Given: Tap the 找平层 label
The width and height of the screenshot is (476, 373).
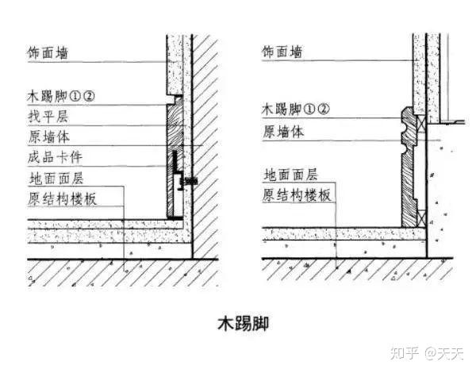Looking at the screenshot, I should click(44, 116).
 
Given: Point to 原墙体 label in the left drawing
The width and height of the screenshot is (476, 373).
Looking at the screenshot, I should click(44, 136).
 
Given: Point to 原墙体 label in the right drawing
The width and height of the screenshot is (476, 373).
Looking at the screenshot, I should click(282, 131).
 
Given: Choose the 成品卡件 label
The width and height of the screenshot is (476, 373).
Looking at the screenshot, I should click(50, 157).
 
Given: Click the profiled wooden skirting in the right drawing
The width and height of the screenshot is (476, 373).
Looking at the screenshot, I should click(410, 167).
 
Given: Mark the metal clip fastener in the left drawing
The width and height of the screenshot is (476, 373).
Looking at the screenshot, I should click(187, 182).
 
